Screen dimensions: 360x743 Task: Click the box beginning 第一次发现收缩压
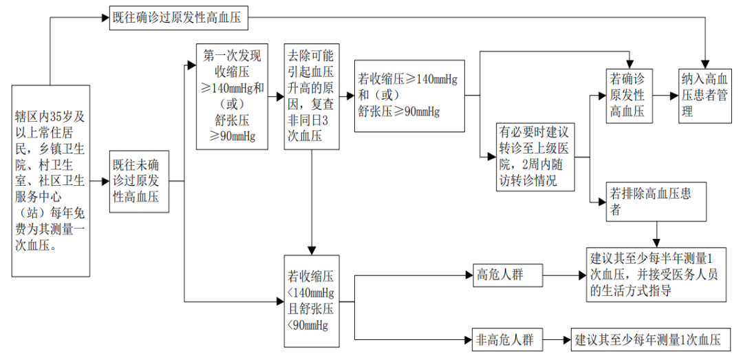(230, 97)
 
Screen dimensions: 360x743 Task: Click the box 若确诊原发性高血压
(629, 96)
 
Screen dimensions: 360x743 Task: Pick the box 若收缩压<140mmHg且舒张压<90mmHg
(311, 301)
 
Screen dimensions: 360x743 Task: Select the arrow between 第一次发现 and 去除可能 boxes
(275, 97)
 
